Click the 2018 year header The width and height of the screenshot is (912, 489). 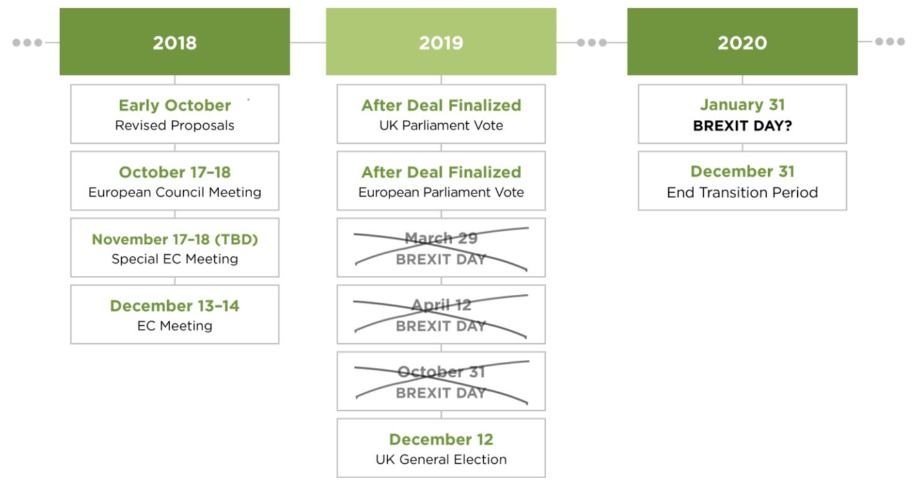175,41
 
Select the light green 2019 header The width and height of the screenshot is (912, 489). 441,41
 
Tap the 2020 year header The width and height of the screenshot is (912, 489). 742,41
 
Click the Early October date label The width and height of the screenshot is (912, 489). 175,105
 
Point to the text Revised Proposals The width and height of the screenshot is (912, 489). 175,125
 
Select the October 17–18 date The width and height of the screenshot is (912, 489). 175,172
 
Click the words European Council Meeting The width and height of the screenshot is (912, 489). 175,192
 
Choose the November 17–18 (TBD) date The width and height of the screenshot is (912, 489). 175,239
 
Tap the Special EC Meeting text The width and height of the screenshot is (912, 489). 175,259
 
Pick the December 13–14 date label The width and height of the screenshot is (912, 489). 175,306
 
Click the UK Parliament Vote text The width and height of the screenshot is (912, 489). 441,125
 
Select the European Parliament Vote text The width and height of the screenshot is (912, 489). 441,192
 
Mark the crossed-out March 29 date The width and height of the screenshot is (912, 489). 441,238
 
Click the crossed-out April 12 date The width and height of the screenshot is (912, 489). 441,305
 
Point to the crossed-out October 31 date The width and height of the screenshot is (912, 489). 441,372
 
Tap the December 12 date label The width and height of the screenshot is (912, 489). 441,439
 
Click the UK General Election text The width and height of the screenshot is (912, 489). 441,459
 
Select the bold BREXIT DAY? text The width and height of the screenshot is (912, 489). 742,126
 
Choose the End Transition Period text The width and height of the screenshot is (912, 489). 742,192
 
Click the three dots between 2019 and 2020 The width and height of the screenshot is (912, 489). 591,43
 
